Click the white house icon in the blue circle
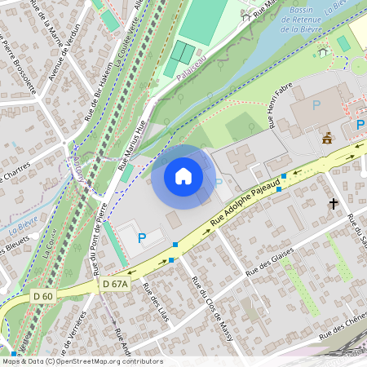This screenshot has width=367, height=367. (183, 176)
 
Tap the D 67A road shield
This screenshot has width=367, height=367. (116, 284)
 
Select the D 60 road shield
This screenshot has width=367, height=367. (44, 294)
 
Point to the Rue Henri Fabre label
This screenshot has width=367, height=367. (280, 110)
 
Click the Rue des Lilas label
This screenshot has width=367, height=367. (155, 302)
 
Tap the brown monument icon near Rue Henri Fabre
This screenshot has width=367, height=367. (327, 137)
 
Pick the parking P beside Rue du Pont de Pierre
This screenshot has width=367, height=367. (142, 238)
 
